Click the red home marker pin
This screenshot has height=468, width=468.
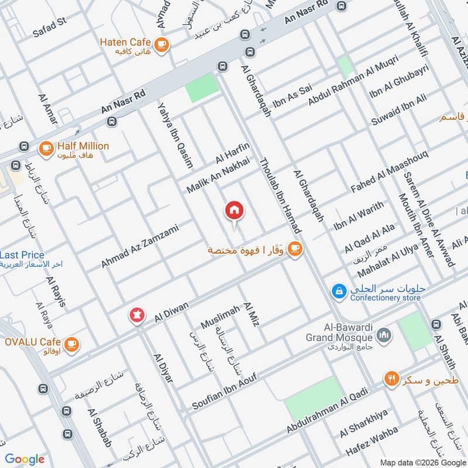point(235,211)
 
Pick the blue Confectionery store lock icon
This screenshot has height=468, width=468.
point(338,290)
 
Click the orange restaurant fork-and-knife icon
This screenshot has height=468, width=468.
point(391,379)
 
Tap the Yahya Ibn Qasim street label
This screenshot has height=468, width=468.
point(175,135)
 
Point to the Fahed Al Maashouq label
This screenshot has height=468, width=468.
point(389,171)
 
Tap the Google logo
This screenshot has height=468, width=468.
point(25,459)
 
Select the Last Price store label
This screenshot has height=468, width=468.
point(22,255)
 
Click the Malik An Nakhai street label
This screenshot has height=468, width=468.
point(218,176)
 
